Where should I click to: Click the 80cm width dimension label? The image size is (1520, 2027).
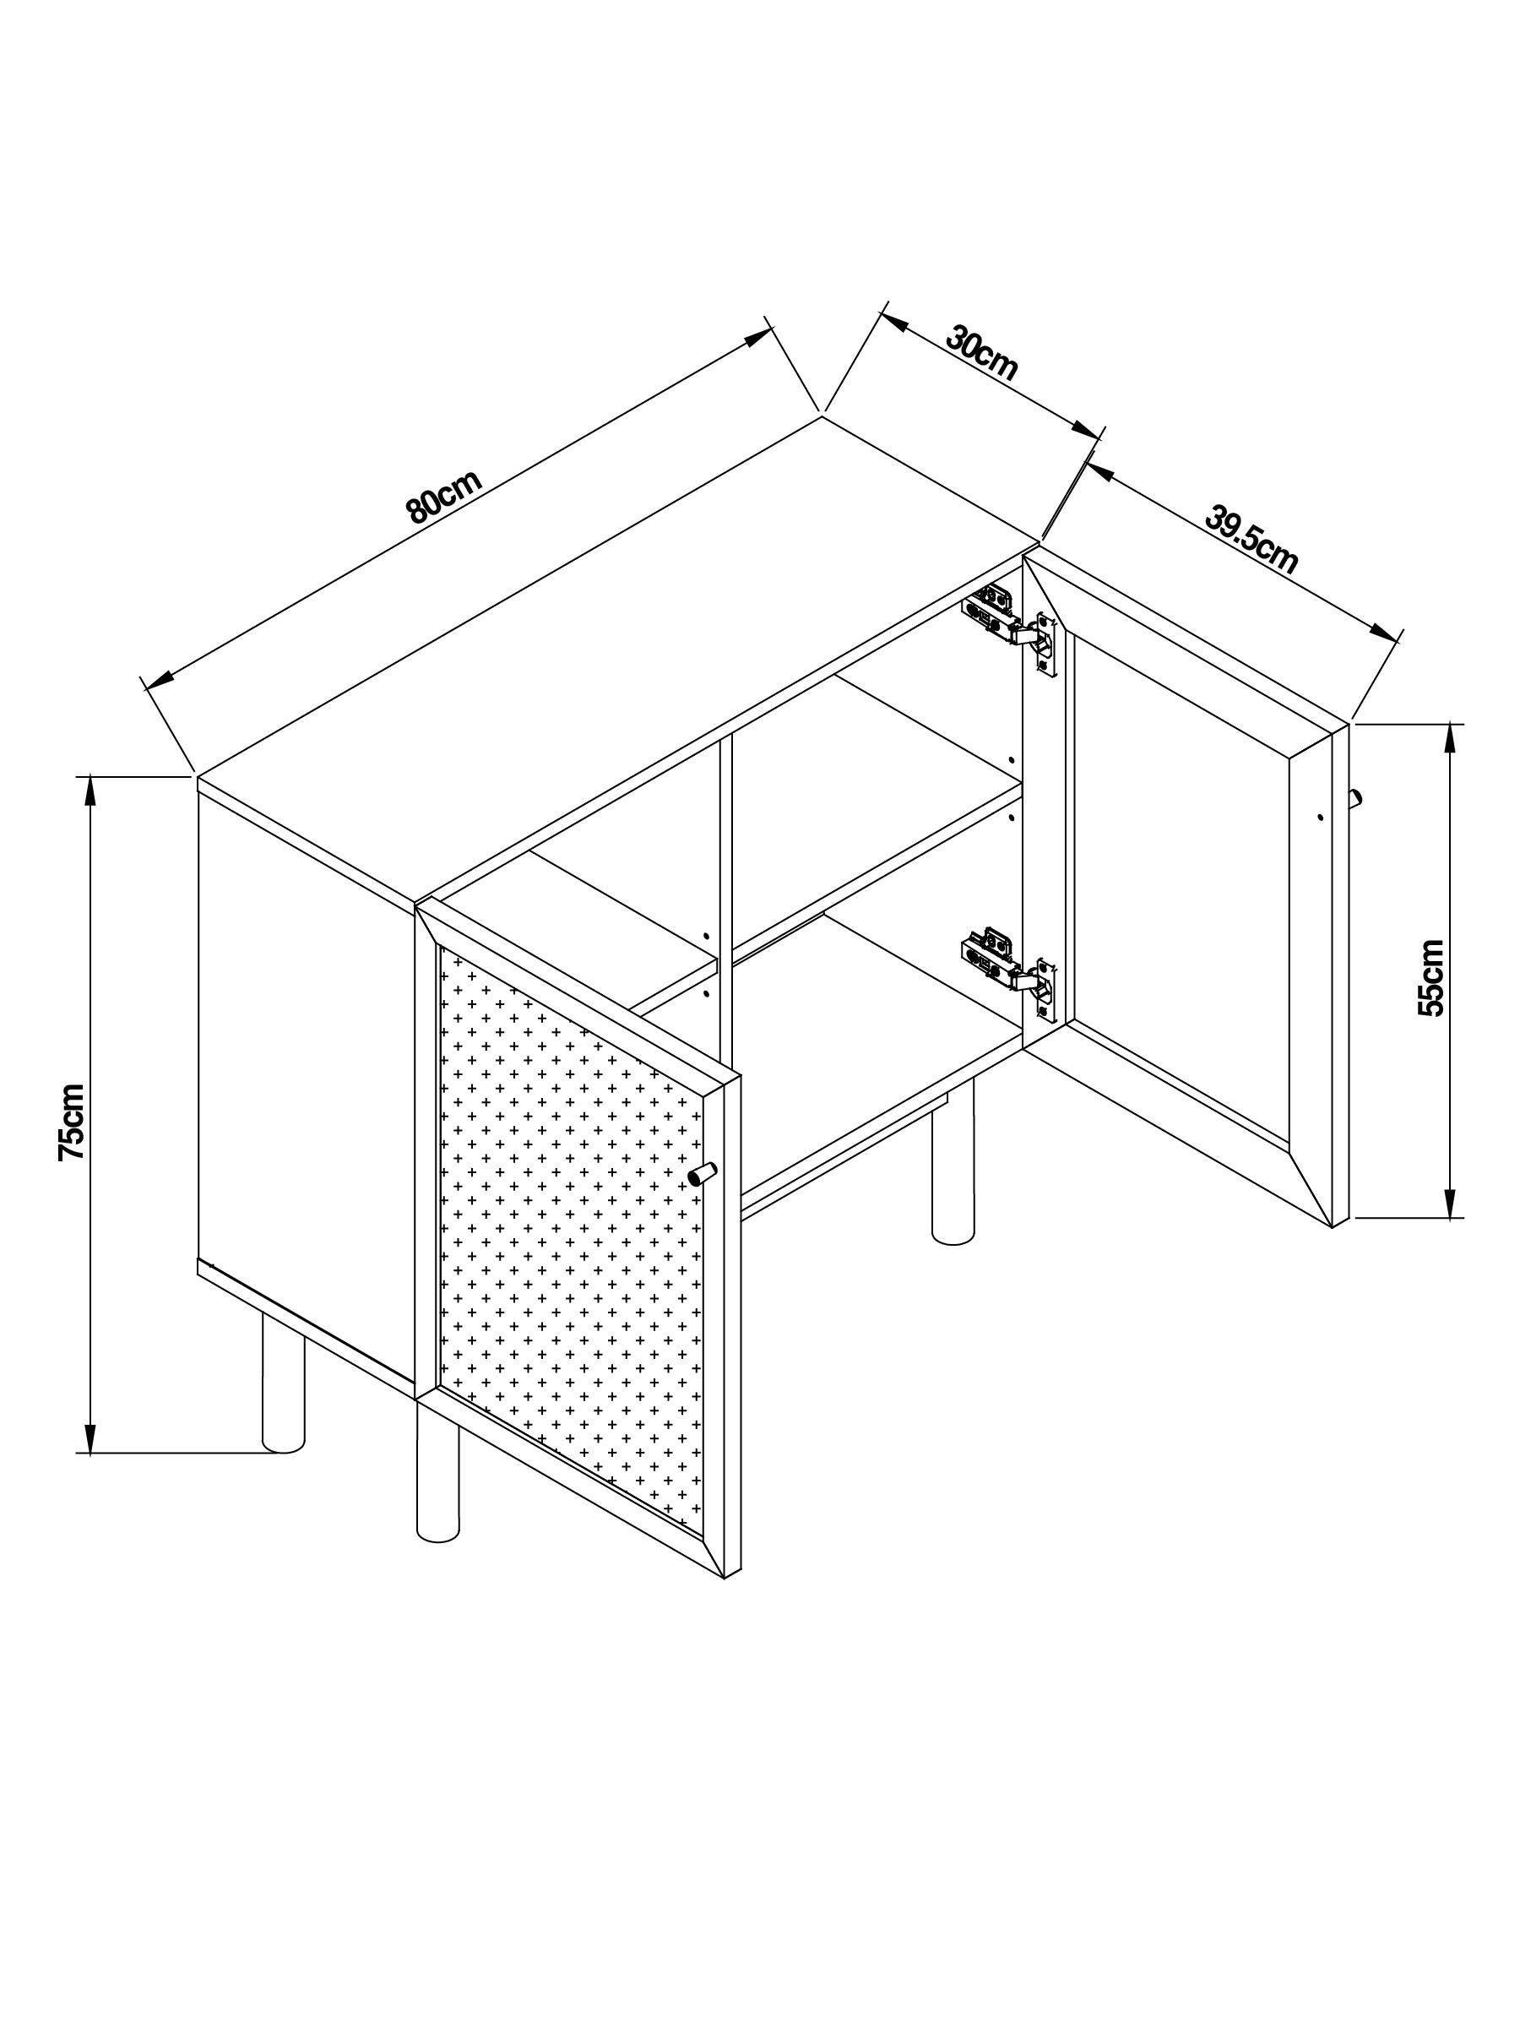pos(443,496)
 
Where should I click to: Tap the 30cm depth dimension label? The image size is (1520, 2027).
pos(981,353)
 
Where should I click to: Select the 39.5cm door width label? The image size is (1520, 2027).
pos(1251,541)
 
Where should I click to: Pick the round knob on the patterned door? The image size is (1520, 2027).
pos(703,1174)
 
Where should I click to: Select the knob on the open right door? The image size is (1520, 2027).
pos(1355,797)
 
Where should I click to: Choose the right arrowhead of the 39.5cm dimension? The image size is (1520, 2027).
pos(1386,632)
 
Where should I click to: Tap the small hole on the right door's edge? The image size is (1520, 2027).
pos(1320,816)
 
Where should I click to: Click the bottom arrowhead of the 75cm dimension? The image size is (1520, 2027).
pos(90,1437)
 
